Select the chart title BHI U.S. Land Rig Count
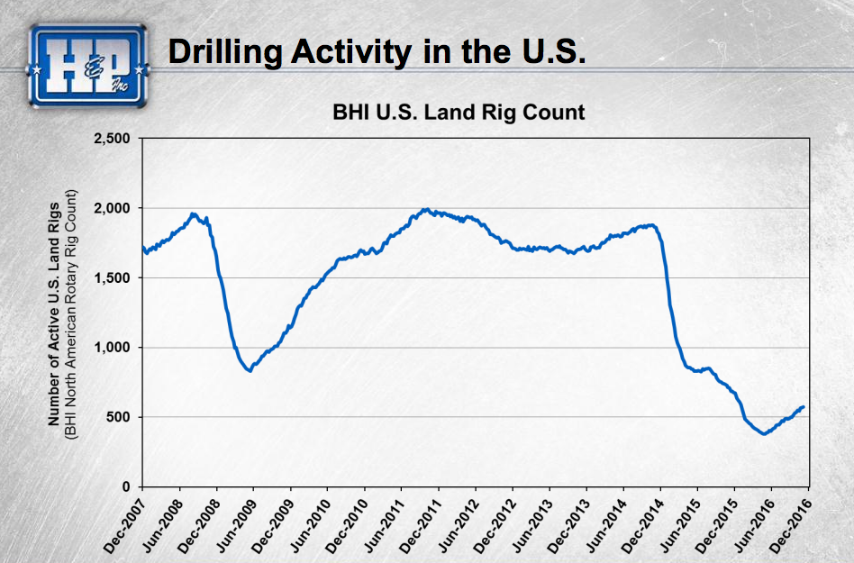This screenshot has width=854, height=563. [459, 113]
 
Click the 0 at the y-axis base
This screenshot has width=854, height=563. [127, 486]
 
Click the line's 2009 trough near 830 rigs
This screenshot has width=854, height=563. [250, 370]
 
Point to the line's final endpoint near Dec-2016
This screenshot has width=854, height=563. [804, 406]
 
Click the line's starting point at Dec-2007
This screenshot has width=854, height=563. [142, 247]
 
